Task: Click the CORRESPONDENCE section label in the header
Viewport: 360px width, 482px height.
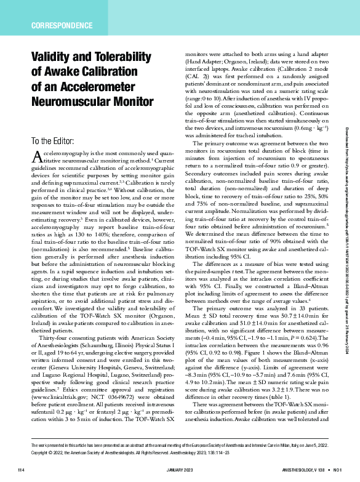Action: [x=60, y=26]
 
